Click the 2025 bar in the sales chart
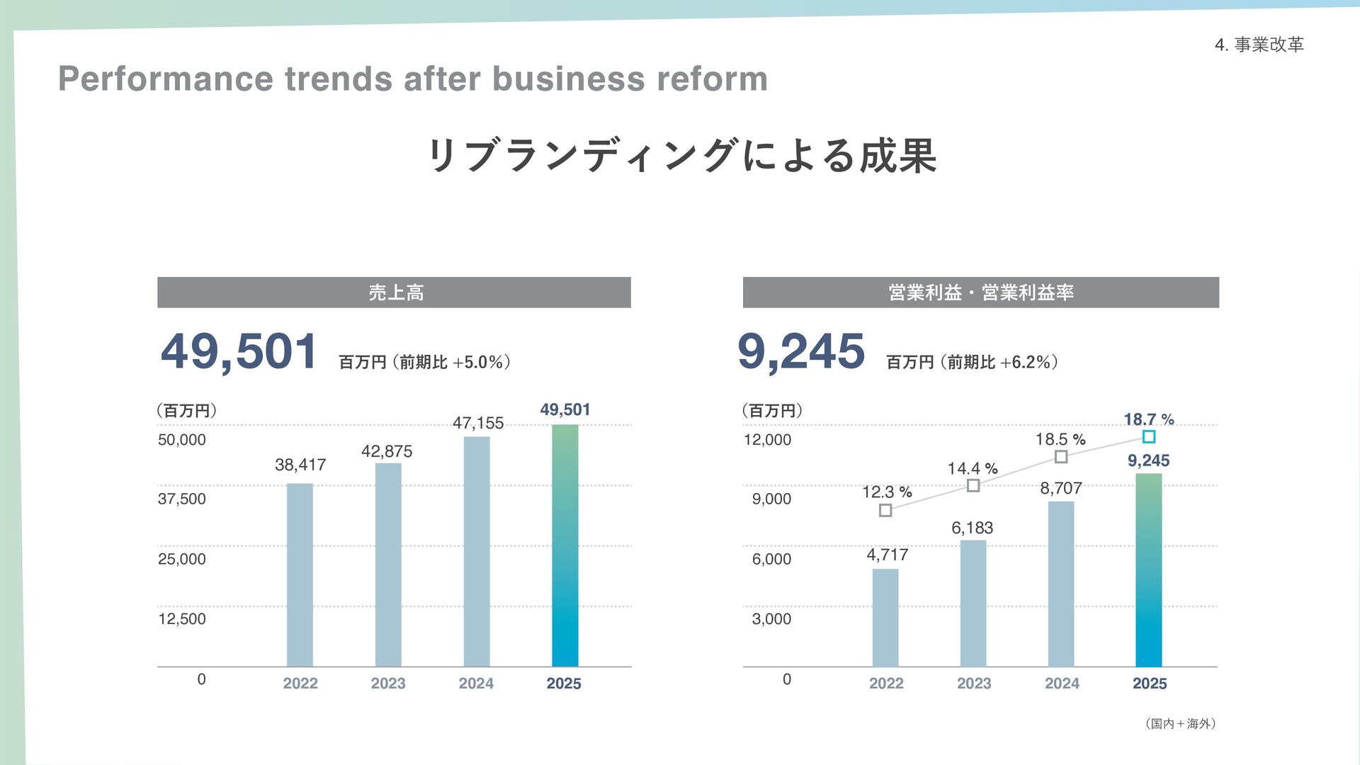(565, 545)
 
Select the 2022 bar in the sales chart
(300, 574)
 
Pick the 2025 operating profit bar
(1148, 570)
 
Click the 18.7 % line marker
(1149, 437)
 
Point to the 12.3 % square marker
(885, 510)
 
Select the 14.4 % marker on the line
(973, 485)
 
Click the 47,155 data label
(478, 423)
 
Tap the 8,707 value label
(1061, 488)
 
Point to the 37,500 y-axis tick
(182, 499)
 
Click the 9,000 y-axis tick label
(771, 499)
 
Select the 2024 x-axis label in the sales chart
(476, 684)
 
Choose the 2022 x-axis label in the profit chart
(886, 684)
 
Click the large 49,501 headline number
(239, 352)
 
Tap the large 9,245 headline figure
(801, 352)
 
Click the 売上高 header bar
(394, 293)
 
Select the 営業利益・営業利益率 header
(980, 293)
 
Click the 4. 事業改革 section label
(1259, 45)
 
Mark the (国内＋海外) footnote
(1180, 723)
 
